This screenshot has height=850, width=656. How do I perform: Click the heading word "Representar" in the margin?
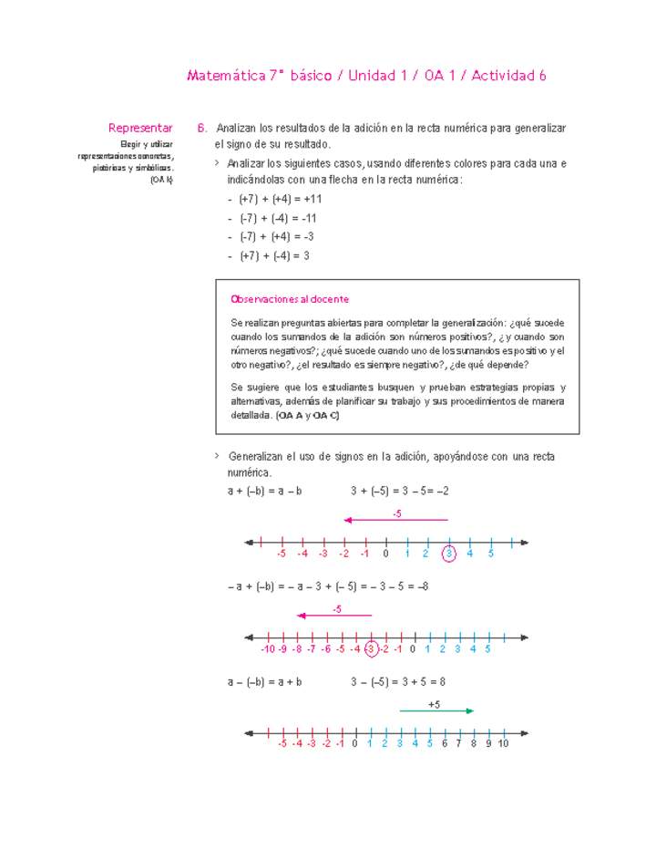(x=140, y=129)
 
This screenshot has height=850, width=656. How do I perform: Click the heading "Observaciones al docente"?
(x=290, y=299)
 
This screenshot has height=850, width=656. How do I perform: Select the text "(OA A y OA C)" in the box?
(x=308, y=415)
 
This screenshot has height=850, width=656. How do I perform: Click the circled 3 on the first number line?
(x=448, y=554)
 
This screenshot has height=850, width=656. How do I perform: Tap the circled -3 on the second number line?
(x=371, y=649)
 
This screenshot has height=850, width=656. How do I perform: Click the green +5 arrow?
(x=436, y=710)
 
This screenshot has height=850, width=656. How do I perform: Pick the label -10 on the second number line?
(x=265, y=649)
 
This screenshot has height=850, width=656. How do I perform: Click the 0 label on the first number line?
(x=385, y=554)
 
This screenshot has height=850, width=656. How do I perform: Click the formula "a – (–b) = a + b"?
(x=264, y=681)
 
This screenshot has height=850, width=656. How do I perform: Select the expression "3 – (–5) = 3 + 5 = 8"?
(x=397, y=681)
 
